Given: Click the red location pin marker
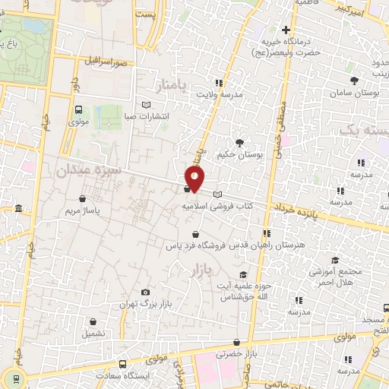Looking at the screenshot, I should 195,178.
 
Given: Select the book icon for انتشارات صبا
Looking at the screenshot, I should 147,106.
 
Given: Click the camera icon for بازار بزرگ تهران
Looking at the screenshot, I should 145,293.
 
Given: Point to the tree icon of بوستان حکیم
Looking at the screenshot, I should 240,142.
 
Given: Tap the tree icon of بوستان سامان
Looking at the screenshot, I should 353,80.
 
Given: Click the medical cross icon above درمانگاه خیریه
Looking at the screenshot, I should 286,30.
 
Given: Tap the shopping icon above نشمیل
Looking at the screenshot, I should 93,322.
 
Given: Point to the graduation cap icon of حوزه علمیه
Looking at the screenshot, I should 242,275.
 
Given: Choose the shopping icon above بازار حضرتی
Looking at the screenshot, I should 237,343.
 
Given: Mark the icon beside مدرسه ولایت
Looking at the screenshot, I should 219,83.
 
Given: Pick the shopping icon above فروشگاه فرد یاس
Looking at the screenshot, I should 196,234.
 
